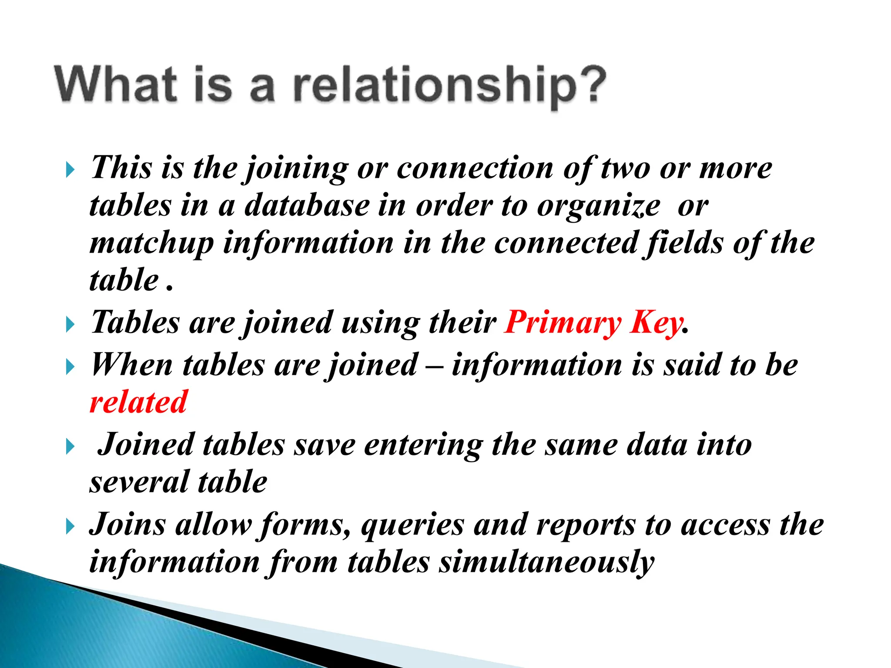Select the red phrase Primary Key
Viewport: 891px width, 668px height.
point(594,323)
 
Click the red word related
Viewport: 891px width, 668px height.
point(138,402)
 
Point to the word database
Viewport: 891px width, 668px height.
point(307,205)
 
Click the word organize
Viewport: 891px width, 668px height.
point(599,206)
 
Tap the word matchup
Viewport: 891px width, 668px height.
point(152,244)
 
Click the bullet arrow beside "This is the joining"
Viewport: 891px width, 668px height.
point(70,170)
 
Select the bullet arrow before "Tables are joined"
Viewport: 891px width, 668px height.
point(70,324)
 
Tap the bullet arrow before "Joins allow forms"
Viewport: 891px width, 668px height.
point(70,527)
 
